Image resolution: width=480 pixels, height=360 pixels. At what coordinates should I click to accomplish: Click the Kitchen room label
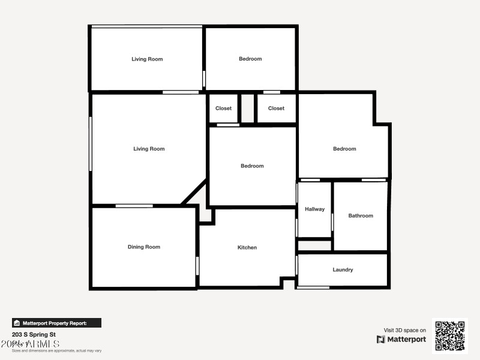[x=247, y=247]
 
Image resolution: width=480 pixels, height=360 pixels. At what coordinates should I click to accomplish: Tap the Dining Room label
[x=144, y=247]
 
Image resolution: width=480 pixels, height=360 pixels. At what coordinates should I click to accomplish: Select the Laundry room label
[x=343, y=269]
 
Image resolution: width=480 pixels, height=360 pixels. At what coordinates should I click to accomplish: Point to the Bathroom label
[x=361, y=215]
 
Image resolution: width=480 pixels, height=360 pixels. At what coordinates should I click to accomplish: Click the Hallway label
[x=314, y=209]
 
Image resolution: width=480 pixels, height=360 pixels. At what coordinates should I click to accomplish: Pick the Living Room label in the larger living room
[x=149, y=149]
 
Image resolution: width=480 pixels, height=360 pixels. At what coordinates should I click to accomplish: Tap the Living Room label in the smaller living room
[x=147, y=59]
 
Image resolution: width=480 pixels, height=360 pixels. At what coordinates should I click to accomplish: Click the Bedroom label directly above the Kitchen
[x=252, y=166]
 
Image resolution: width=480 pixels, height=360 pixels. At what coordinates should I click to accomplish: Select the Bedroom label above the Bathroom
[x=344, y=149]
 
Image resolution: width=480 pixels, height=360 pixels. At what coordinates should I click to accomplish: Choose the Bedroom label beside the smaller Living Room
[x=250, y=59]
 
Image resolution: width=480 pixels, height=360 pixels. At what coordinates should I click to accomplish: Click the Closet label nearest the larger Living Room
[x=223, y=108]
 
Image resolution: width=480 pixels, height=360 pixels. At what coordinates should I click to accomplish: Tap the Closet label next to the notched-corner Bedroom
[x=276, y=108]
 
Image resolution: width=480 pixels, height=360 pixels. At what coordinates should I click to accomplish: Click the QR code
[x=450, y=336]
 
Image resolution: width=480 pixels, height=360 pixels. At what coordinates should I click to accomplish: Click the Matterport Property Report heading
[x=58, y=323]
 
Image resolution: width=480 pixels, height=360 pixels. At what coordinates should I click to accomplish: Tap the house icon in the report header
[x=17, y=323]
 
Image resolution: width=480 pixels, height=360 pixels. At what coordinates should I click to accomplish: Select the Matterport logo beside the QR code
[x=401, y=340]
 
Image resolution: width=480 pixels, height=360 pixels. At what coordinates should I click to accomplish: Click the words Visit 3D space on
[x=405, y=330]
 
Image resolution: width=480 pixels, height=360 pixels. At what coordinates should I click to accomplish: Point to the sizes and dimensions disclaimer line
[x=57, y=350]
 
